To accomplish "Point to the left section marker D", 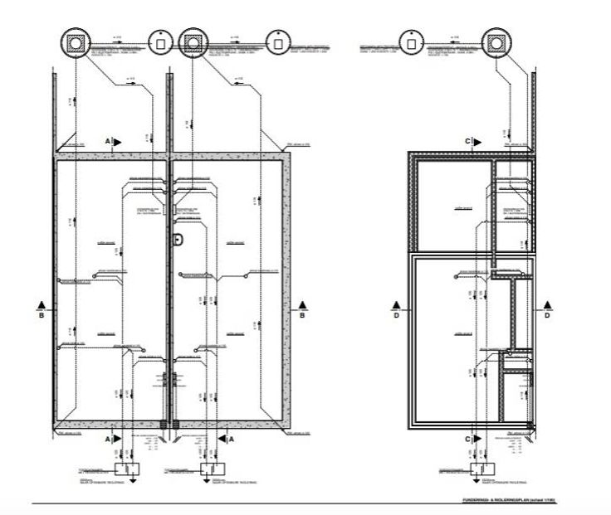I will click(x=397, y=309).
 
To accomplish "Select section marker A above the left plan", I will click(x=110, y=142).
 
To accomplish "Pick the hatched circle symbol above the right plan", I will click(x=497, y=42).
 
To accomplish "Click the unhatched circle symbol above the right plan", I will click(x=408, y=41).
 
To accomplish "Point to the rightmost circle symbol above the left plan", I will click(x=276, y=41).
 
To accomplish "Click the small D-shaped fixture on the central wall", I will click(x=177, y=240).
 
